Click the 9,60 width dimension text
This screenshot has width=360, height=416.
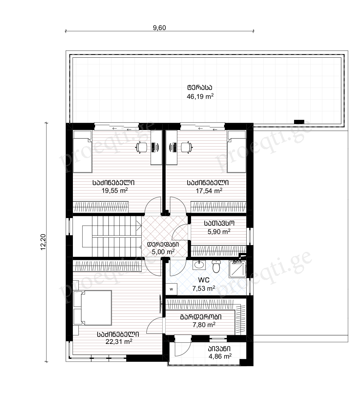point(159,28)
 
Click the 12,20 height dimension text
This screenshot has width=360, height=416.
point(43,242)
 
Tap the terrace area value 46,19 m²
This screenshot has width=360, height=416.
point(200,96)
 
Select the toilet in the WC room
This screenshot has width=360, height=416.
point(216,266)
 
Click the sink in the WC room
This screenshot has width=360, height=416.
point(199,265)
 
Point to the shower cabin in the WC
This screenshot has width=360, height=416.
point(238,269)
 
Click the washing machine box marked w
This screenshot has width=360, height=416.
point(171,289)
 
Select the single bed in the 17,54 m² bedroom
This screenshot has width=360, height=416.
point(237,152)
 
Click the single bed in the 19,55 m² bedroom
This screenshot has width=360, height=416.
point(82,152)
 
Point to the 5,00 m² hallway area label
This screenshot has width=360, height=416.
point(163,252)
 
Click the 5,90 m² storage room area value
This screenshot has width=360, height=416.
point(219,232)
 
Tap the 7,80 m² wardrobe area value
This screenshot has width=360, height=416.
point(204,325)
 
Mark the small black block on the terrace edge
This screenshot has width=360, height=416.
point(299,122)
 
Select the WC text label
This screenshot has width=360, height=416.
point(204,280)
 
